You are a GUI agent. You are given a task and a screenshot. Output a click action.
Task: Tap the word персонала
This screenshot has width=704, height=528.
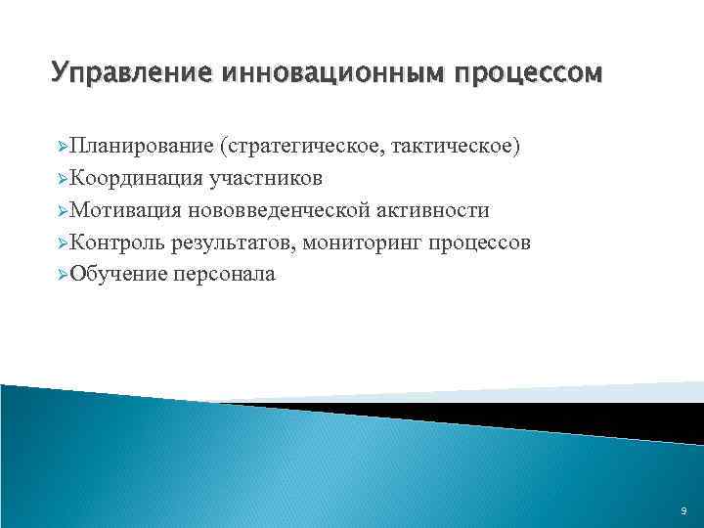224,275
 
